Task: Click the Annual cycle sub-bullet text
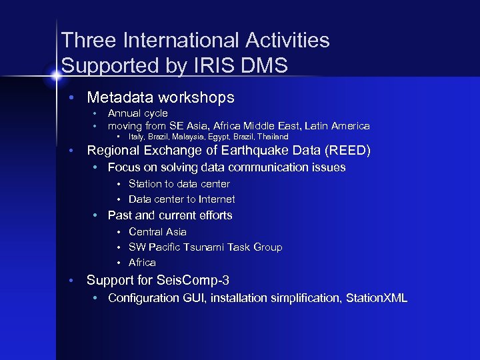[137, 113]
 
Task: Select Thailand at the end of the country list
[272, 137]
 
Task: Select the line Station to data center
[179, 184]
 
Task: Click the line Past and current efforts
[169, 215]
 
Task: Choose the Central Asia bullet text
[157, 232]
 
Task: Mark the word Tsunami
[203, 247]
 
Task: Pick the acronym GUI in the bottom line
[192, 298]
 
